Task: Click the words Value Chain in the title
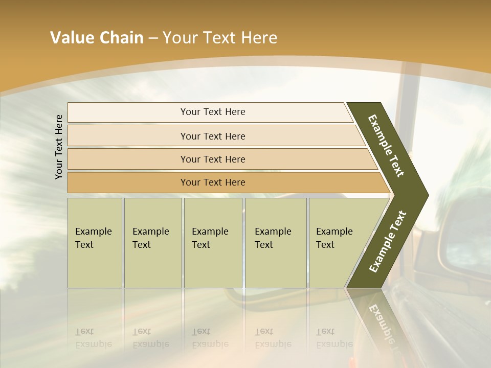pyautogui.click(x=97, y=38)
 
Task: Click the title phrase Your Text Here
pyautogui.click(x=220, y=38)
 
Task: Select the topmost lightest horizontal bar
pyautogui.click(x=128, y=112)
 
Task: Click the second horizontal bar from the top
pyautogui.click(x=128, y=136)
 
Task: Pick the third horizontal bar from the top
pyautogui.click(x=128, y=159)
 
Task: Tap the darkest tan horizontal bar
pyautogui.click(x=128, y=182)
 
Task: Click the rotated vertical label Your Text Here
pyautogui.click(x=59, y=147)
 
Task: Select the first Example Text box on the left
pyautogui.click(x=95, y=243)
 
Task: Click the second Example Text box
pyautogui.click(x=153, y=243)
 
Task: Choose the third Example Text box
pyautogui.click(x=213, y=243)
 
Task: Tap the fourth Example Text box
pyautogui.click(x=276, y=243)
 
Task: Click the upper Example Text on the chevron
pyautogui.click(x=386, y=146)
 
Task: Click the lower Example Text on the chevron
pyautogui.click(x=388, y=241)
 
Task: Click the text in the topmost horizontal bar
pyautogui.click(x=213, y=112)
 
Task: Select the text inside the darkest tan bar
pyautogui.click(x=213, y=182)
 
